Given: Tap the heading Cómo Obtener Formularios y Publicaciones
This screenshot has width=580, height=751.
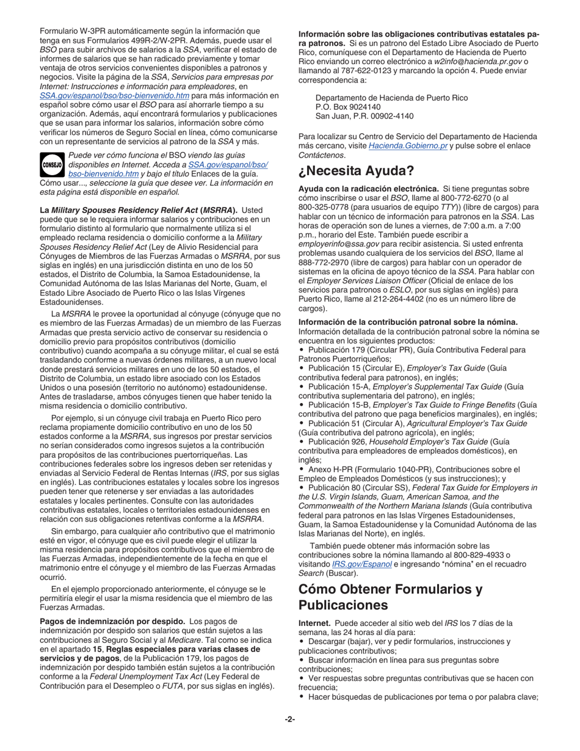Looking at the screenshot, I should [390, 597].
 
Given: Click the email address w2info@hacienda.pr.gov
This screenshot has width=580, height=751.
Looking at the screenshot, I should [477, 62].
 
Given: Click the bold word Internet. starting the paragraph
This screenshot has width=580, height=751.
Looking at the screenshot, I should [314, 623].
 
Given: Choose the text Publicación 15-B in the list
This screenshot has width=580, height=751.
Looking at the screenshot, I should [341, 405].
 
